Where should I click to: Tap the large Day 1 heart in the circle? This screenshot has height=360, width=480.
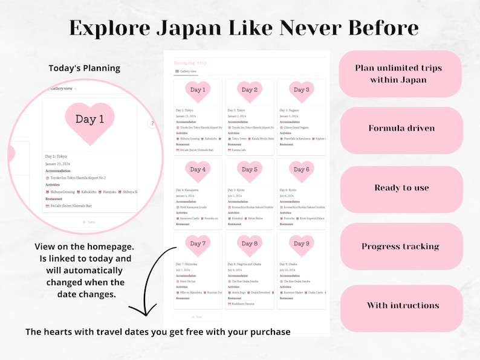[x=89, y=120]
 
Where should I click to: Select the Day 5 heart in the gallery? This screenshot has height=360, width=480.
[x=250, y=170]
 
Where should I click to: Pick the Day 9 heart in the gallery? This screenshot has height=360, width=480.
[x=300, y=244]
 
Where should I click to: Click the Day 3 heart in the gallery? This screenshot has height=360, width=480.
[x=300, y=91]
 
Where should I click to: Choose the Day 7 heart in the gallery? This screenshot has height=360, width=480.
[x=198, y=244]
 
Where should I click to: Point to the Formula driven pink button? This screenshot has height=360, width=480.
[x=401, y=129]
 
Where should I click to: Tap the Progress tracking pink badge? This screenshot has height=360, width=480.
[x=401, y=246]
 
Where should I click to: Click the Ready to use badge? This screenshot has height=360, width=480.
[x=401, y=188]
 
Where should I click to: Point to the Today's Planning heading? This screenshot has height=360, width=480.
[x=85, y=68]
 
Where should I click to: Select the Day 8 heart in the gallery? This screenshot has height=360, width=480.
[x=250, y=244]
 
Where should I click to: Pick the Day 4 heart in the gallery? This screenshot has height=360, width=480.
[x=198, y=170]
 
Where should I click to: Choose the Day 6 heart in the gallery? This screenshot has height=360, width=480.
[x=300, y=170]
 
